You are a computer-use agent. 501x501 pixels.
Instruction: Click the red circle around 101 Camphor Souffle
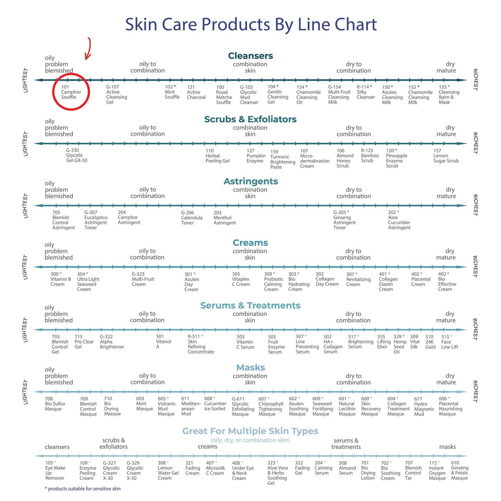[x=53, y=92]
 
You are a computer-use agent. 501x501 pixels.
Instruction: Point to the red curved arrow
[x=90, y=49]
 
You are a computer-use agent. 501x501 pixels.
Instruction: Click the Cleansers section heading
[x=250, y=55]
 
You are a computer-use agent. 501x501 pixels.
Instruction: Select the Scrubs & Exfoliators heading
[x=250, y=119]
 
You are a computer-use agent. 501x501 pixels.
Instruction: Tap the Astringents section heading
[x=251, y=181]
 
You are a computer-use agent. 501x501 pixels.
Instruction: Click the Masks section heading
[x=251, y=368]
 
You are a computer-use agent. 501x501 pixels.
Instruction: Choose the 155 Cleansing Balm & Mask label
[x=449, y=94]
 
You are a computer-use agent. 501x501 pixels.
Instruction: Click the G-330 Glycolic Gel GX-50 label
[x=77, y=155]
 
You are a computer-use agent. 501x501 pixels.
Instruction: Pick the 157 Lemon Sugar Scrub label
[x=446, y=156]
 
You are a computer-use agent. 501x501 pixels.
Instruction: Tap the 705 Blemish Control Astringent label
[x=63, y=220]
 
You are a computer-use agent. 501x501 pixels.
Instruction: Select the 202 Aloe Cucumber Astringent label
[x=399, y=220]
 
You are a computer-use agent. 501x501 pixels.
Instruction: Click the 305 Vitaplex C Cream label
[x=241, y=279]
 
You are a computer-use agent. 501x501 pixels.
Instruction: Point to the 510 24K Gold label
[x=430, y=342]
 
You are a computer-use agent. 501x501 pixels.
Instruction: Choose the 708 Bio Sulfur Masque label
[x=55, y=404]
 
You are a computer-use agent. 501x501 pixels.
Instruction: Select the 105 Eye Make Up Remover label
[x=55, y=470]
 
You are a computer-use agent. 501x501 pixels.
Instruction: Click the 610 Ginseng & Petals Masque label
[x=460, y=470]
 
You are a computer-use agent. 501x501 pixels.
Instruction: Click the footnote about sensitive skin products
[x=83, y=489]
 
